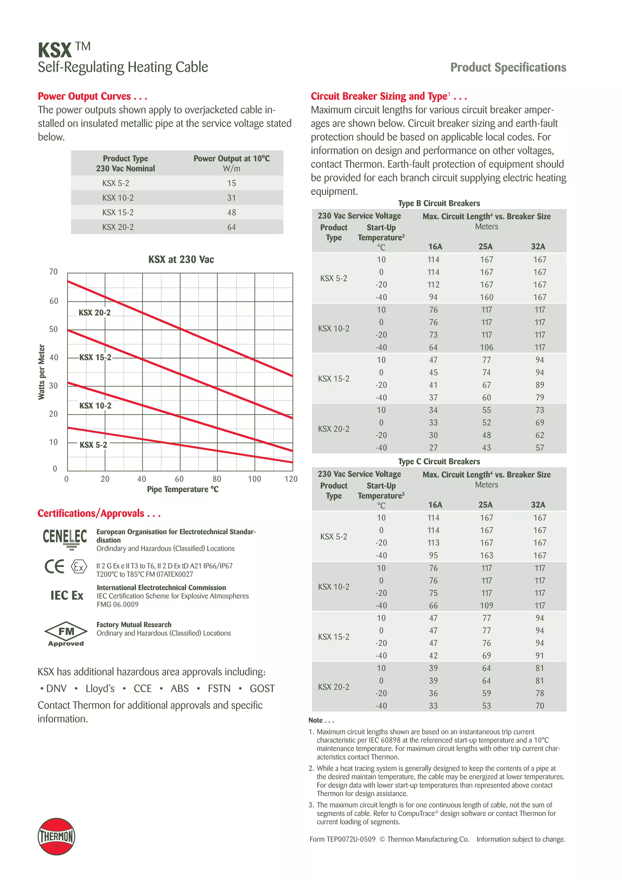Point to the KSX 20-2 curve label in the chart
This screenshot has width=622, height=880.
pyautogui.click(x=94, y=313)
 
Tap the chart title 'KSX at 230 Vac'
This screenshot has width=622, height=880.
pyautogui.click(x=181, y=260)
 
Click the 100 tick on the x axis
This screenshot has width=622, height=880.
pyautogui.click(x=254, y=479)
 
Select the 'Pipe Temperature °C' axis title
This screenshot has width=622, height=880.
pyautogui.click(x=183, y=490)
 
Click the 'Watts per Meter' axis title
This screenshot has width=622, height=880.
pyautogui.click(x=41, y=372)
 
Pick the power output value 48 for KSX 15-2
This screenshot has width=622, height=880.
pyautogui.click(x=231, y=212)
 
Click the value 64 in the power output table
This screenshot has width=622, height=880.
pyautogui.click(x=231, y=227)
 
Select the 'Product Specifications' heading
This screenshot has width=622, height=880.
pyautogui.click(x=508, y=67)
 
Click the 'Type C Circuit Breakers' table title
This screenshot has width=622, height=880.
pyautogui.click(x=439, y=462)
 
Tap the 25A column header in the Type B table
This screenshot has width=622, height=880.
pyautogui.click(x=485, y=246)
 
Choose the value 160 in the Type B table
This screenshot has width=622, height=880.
pyautogui.click(x=487, y=297)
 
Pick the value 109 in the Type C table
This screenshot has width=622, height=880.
pyautogui.click(x=487, y=605)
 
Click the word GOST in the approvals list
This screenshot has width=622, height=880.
pyautogui.click(x=262, y=689)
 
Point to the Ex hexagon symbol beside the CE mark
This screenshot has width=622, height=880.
pyautogui.click(x=79, y=566)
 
